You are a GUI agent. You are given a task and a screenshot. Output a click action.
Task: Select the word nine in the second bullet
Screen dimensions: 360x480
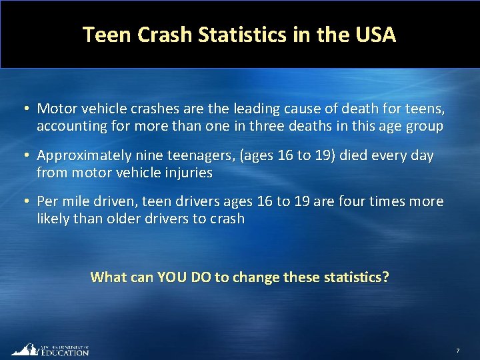[145, 155]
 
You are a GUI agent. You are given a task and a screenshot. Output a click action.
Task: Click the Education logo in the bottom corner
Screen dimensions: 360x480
[49, 349]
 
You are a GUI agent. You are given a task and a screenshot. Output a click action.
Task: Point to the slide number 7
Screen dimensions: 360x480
[458, 351]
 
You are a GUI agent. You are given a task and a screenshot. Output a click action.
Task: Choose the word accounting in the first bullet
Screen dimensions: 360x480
[71, 125]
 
